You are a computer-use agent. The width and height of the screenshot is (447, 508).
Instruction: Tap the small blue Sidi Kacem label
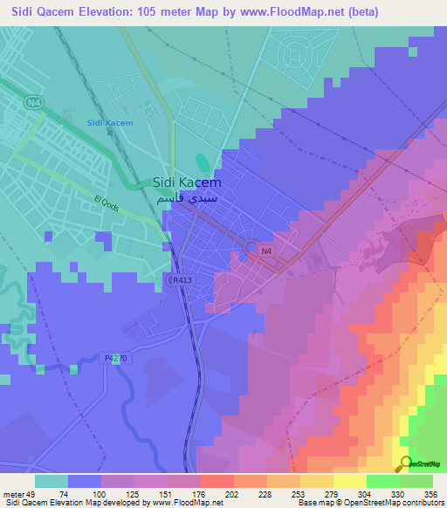tap(110, 123)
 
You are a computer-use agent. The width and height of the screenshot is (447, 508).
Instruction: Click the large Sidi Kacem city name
tap(187, 183)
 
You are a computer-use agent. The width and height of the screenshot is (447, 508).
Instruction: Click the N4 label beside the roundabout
tap(266, 252)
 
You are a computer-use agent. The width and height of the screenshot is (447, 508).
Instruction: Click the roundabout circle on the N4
tap(251, 249)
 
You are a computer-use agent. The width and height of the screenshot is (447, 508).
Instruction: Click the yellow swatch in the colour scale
tap(349, 481)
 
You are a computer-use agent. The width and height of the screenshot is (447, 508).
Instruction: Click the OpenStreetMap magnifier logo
tap(404, 463)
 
